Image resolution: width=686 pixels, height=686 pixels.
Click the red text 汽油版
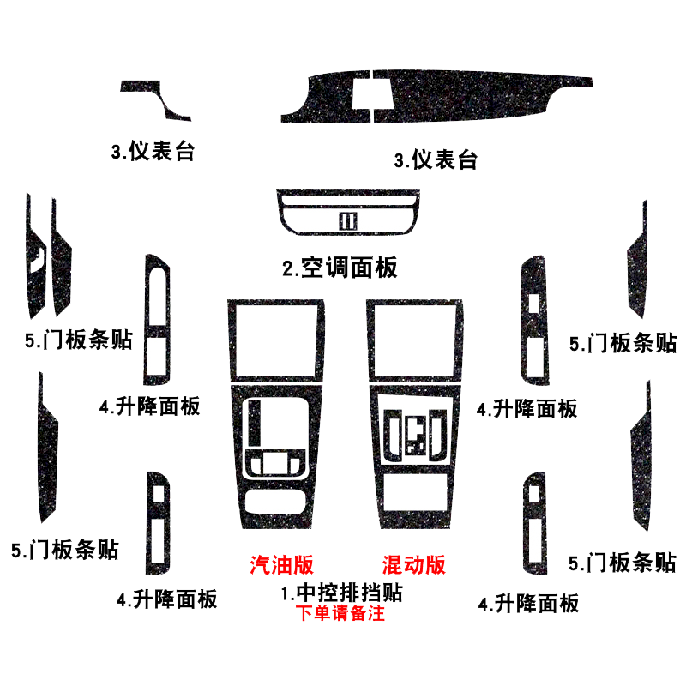pyautogui.click(x=282, y=564)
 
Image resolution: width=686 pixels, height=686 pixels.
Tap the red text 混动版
pyautogui.click(x=414, y=564)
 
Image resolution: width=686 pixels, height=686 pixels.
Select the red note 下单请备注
pyautogui.click(x=340, y=613)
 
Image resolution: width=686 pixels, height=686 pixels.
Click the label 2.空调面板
pyautogui.click(x=340, y=268)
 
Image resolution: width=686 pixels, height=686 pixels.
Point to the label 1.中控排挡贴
pyautogui.click(x=341, y=593)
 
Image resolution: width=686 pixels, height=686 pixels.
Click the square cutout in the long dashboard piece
pyautogui.click(x=371, y=94)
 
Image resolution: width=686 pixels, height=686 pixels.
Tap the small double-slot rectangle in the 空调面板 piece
pyautogui.click(x=348, y=221)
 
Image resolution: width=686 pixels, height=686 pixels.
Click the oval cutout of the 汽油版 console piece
pyautogui.click(x=274, y=502)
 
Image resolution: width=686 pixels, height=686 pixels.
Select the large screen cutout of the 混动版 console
pyautogui.click(x=414, y=340)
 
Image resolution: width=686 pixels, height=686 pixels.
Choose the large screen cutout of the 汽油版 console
pyautogui.click(x=276, y=340)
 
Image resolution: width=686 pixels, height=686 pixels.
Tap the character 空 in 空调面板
pyautogui.click(x=312, y=268)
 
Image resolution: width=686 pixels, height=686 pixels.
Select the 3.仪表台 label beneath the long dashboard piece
pyautogui.click(x=436, y=159)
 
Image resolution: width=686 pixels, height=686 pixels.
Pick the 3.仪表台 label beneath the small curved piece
pyautogui.click(x=153, y=152)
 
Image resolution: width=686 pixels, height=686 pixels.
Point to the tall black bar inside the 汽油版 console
pyautogui.click(x=254, y=423)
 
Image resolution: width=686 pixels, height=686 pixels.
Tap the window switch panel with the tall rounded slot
pyautogui.click(x=158, y=319)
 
